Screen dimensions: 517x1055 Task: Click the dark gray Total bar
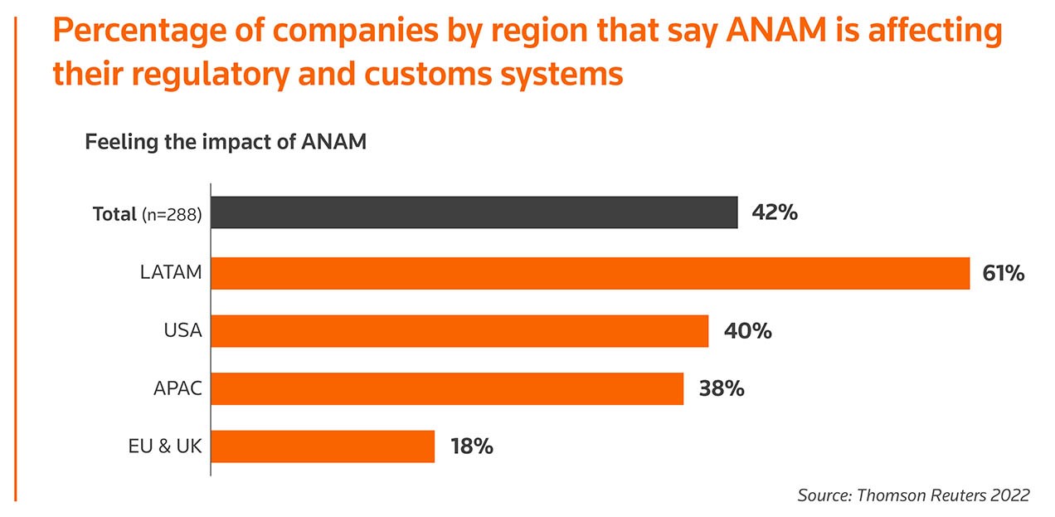[474, 212]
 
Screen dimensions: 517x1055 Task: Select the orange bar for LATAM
[590, 273]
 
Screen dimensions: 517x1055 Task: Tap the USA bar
[459, 331]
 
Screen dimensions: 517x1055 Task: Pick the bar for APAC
[447, 388]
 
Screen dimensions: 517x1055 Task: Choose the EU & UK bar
[323, 446]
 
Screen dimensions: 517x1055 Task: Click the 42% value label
[775, 213]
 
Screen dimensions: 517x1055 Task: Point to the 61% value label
[1004, 273]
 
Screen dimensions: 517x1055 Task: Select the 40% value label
[747, 331]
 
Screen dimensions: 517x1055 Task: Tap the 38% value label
[721, 388]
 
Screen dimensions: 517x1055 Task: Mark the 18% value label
[472, 446]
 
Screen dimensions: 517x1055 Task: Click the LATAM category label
[171, 272]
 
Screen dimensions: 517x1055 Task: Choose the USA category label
[183, 331]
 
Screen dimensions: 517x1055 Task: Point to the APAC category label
[177, 388]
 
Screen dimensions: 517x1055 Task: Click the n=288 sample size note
[172, 214]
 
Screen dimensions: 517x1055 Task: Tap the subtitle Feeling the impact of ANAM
[226, 142]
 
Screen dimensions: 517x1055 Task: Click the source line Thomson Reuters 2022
[913, 495]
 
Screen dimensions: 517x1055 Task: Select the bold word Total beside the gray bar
[114, 213]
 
